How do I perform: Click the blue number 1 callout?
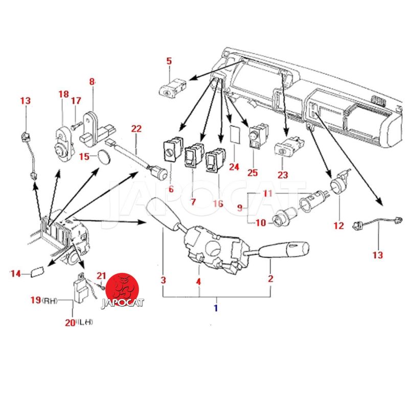coord(216,308)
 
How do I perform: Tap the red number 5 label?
coord(169,61)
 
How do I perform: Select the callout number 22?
coord(136,129)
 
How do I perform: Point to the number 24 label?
coord(234,167)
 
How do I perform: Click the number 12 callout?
coord(338,225)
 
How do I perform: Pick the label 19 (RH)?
coord(44,300)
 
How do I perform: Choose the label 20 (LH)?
coord(79,323)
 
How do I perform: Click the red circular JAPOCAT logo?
coord(123,290)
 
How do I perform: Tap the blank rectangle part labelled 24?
coord(235,135)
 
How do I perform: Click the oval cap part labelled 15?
coord(104,157)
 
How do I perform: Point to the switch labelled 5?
coord(172,88)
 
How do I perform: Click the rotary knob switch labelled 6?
coord(172,149)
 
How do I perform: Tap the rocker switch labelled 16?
coord(215,160)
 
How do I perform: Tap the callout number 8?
coord(92,81)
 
